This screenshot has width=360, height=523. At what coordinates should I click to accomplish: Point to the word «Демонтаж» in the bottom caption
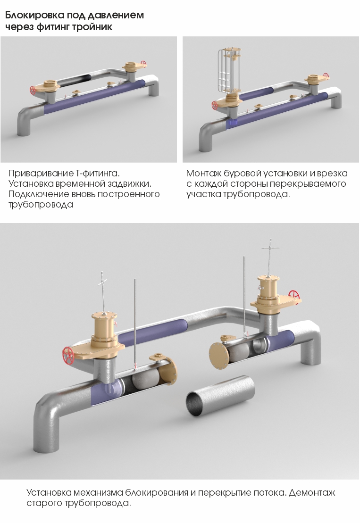[x=312, y=493]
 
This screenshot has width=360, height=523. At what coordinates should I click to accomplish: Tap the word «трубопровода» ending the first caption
[x=41, y=205]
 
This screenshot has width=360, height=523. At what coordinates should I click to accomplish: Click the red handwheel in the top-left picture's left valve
[x=33, y=91]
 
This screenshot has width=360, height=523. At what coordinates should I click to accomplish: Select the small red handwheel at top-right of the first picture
[x=143, y=63]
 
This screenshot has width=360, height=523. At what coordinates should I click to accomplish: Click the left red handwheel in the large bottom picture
[x=68, y=356]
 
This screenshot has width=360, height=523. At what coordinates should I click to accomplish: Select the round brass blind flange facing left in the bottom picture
[x=218, y=356]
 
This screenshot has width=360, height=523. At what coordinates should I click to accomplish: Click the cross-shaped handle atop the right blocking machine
[x=270, y=248]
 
